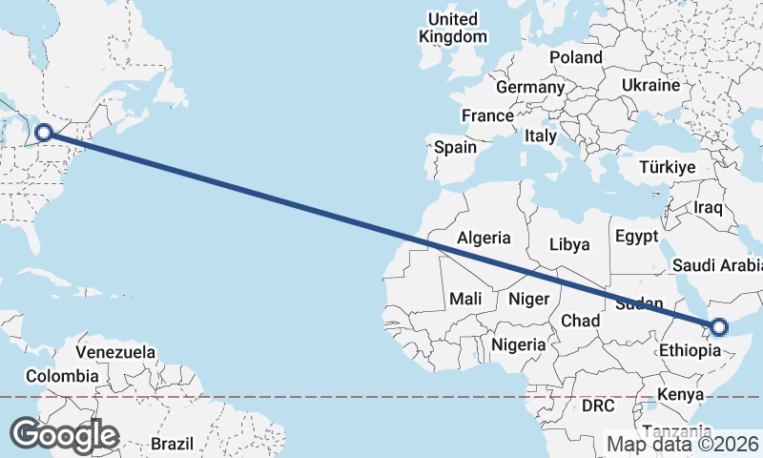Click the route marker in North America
(44, 133)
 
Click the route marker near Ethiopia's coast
(718, 327)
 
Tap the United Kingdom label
(453, 28)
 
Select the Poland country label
(576, 57)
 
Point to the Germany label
(530, 87)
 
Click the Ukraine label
(650, 85)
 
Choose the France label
(487, 115)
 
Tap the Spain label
(455, 148)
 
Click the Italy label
(540, 136)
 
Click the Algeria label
(484, 238)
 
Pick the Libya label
(569, 244)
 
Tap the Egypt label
(636, 236)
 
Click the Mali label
(465, 299)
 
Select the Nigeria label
(519, 344)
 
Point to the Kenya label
(681, 394)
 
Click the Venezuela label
(115, 352)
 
